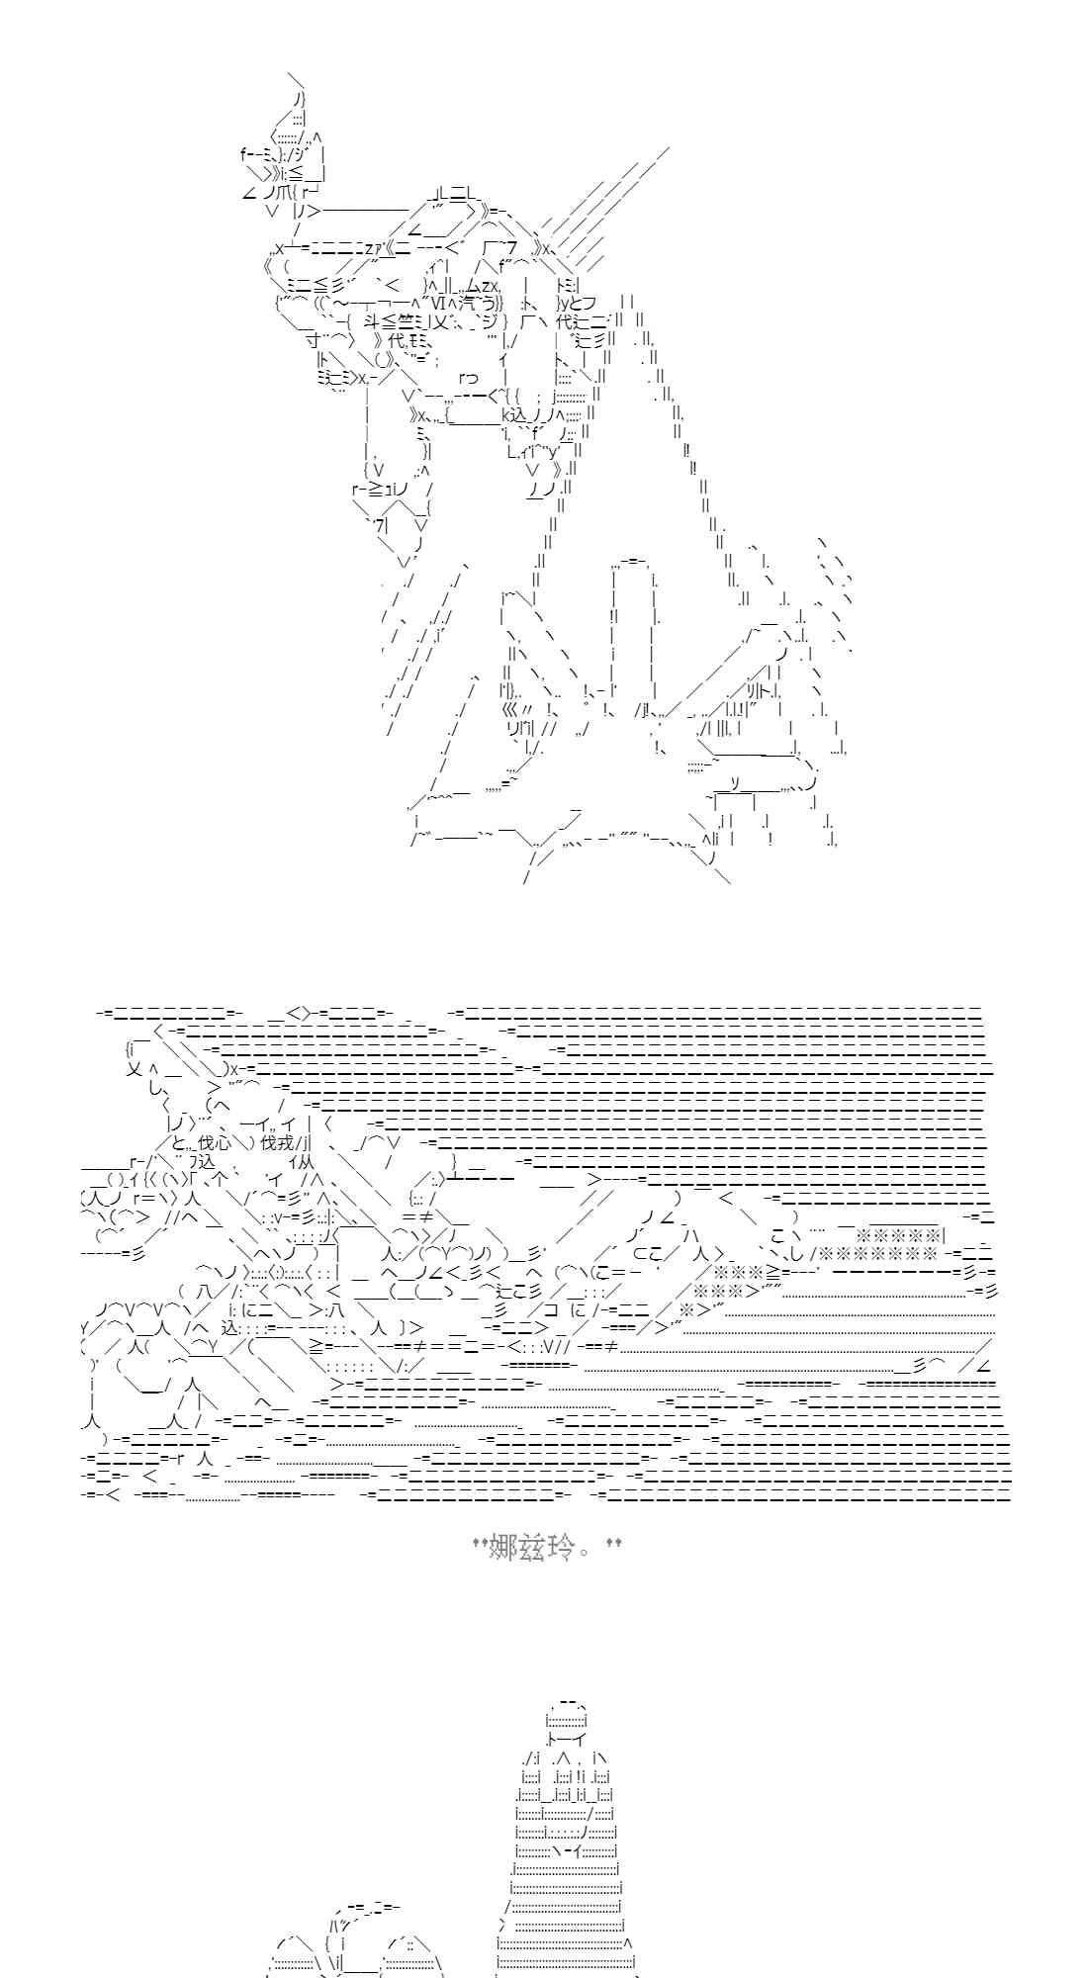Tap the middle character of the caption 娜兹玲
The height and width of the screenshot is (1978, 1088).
coord(532,1546)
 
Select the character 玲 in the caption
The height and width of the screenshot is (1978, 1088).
coord(560,1546)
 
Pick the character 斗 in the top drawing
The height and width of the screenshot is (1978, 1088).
coord(372,320)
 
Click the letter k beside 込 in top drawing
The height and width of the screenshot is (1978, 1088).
coord(505,414)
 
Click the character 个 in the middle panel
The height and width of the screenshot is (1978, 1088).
coord(220,1180)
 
